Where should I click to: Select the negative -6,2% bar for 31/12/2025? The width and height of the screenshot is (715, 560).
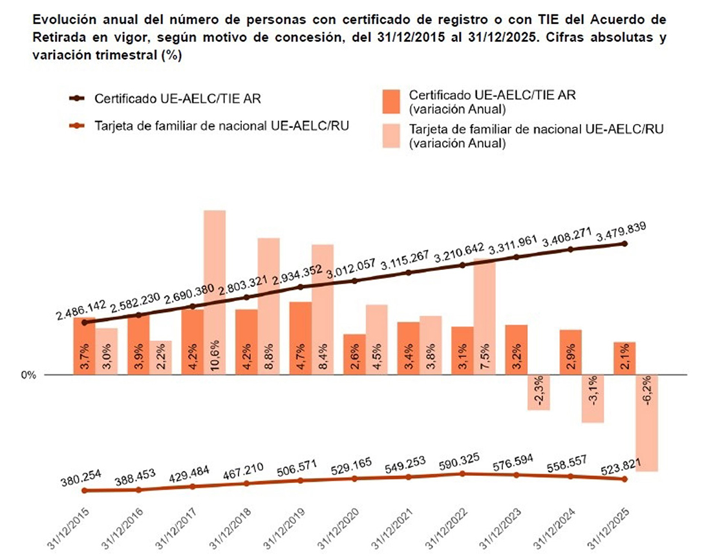point(647,423)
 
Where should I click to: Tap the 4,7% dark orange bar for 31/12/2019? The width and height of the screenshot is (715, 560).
point(301,338)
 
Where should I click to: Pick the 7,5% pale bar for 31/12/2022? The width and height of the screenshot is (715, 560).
point(485,316)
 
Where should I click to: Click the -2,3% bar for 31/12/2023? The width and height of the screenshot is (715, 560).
point(539,392)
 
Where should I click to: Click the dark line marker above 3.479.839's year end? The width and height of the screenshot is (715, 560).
point(624,244)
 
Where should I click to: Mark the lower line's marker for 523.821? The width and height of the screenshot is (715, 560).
point(624,479)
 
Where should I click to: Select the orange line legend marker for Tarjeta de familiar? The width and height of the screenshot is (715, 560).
point(77,125)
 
